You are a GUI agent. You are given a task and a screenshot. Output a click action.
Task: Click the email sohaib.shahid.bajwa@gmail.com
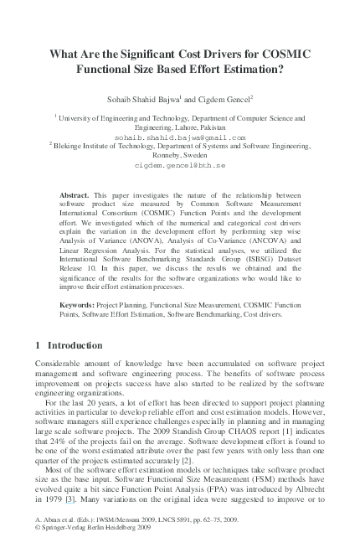180,136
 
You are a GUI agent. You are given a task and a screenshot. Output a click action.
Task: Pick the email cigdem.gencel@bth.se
180,166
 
